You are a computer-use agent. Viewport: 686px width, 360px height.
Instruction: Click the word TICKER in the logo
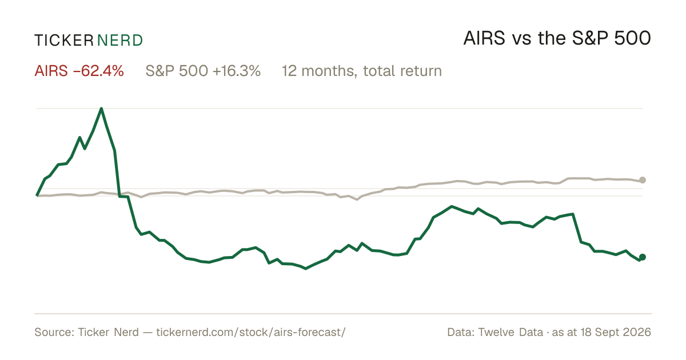click(64, 41)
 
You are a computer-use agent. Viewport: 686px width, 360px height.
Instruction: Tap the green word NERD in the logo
click(120, 41)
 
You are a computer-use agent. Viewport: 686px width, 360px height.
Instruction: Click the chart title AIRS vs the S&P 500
click(557, 38)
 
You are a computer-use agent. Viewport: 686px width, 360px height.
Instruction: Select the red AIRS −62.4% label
click(79, 71)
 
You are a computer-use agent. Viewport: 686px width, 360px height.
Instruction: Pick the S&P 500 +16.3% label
click(203, 71)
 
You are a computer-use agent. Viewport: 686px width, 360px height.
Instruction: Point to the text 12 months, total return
click(362, 71)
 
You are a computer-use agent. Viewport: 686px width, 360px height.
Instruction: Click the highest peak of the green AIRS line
click(101, 109)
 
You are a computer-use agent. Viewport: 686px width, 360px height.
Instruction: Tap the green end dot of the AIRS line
click(643, 257)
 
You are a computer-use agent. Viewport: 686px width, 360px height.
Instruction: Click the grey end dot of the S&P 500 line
click(643, 180)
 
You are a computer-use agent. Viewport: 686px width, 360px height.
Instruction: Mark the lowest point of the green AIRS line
click(306, 269)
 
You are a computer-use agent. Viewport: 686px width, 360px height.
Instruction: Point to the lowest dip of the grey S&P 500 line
click(357, 199)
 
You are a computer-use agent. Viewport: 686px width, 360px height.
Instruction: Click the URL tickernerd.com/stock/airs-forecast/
click(251, 333)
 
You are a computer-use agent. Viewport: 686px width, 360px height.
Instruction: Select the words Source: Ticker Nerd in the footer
click(86, 332)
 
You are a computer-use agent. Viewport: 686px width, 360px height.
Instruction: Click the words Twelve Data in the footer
click(510, 332)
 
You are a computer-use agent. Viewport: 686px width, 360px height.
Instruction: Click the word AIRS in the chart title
click(484, 38)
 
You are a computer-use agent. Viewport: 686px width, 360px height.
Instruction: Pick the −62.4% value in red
click(98, 71)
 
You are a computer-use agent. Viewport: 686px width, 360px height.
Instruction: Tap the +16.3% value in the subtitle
click(237, 71)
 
